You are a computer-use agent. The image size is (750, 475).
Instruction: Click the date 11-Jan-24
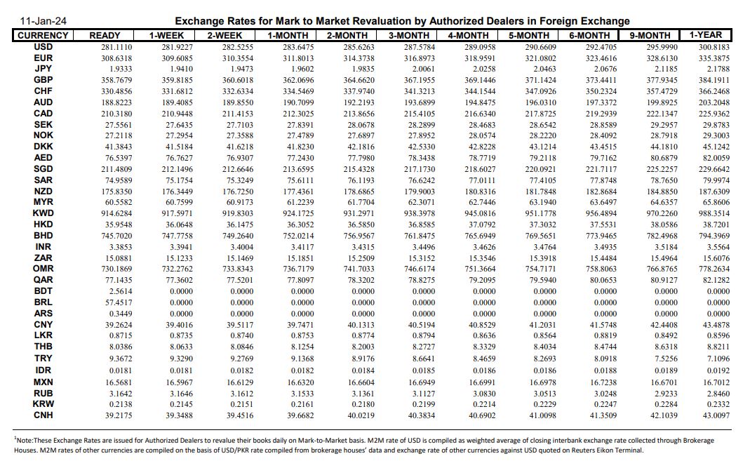point(43,21)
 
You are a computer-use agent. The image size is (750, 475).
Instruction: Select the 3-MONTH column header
point(408,35)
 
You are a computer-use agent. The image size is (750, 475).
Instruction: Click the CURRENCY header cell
point(43,35)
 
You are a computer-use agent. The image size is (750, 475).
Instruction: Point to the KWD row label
point(43,213)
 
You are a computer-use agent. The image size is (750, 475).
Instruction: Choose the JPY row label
point(43,69)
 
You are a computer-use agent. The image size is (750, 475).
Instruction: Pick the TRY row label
point(43,359)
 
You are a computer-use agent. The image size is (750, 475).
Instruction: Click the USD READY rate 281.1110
point(106,47)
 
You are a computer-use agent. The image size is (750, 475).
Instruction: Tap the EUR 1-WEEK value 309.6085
point(167,58)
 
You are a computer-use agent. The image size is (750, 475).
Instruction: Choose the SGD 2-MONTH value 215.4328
point(359,169)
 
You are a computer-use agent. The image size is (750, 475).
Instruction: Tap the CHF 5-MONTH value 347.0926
point(541,91)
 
